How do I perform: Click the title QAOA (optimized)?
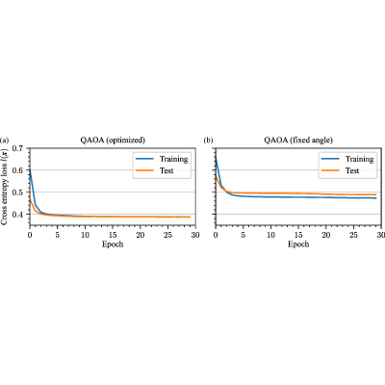coord(113,141)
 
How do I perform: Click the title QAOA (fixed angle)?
coord(298,141)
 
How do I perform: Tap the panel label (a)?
coord(5,141)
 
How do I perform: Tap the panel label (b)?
coord(209,141)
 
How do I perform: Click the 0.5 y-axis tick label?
coord(18,192)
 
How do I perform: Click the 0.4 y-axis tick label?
coord(18,215)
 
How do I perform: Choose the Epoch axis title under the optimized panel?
coord(113,244)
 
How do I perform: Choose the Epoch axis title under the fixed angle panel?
coord(298,244)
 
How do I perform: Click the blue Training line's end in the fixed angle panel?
coord(375,198)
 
